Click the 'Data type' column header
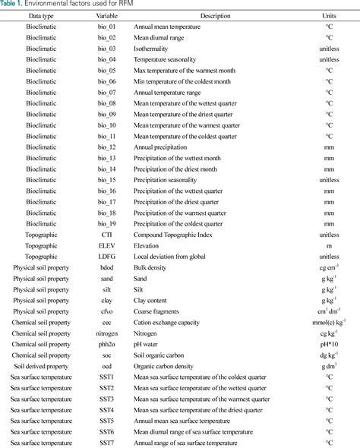point(41,15)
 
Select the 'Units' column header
point(329,15)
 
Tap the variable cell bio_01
point(106,26)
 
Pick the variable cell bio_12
point(106,147)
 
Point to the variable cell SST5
point(106,421)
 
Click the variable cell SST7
point(106,443)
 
